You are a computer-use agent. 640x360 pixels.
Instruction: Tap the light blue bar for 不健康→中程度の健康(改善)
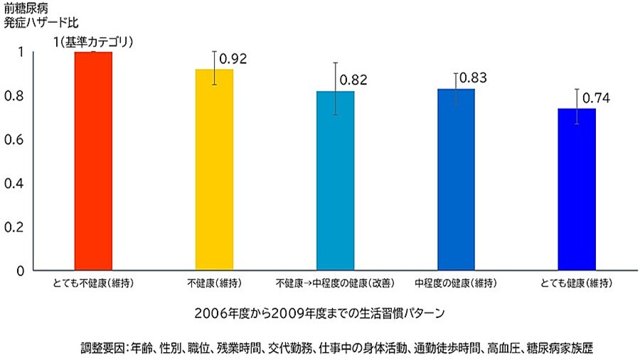[335, 181]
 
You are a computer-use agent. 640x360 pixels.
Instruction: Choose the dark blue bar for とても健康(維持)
[577, 189]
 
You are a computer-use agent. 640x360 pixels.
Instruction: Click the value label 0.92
[233, 59]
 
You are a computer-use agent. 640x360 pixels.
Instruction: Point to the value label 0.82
[353, 80]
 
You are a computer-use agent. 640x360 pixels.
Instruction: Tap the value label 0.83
[474, 78]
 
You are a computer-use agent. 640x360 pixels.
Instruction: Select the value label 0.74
[596, 98]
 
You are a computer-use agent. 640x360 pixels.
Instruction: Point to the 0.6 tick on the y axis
[24, 139]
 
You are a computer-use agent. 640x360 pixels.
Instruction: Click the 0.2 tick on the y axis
[24, 227]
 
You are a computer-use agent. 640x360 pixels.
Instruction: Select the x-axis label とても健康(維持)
[576, 284]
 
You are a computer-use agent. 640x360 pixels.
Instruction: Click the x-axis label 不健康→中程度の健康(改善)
[335, 284]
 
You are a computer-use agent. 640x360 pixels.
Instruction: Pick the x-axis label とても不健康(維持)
[93, 284]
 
